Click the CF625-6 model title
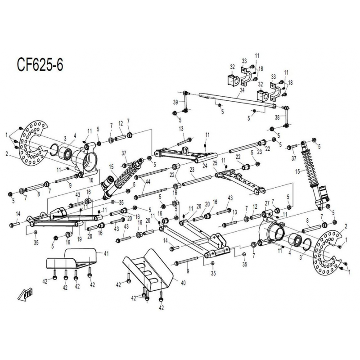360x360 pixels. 40,65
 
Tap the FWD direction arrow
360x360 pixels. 26,294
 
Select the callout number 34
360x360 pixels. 242,90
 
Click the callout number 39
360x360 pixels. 175,103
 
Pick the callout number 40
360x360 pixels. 183,283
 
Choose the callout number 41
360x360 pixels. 106,253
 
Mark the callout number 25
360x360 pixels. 215,163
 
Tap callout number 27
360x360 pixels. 267,203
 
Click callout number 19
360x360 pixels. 80,239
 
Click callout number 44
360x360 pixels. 148,182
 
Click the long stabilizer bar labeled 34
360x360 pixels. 238,100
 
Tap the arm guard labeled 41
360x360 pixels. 72,258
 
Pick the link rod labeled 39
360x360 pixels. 185,102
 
